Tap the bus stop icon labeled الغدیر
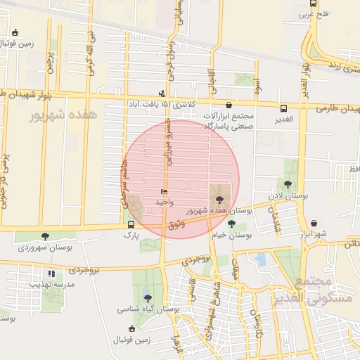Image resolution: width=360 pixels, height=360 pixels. (283, 109)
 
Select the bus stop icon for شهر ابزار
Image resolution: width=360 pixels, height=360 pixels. (313, 224)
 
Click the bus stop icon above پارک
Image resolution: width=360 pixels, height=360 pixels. (131, 224)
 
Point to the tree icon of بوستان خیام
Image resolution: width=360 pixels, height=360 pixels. (232, 225)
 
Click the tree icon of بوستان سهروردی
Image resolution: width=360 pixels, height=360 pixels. (46, 237)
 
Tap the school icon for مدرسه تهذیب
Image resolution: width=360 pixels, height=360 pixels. (51, 274)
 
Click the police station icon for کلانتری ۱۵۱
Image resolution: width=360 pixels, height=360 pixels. (162, 94)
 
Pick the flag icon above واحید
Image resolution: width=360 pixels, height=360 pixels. (164, 191)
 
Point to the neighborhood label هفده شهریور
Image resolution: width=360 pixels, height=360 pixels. (60, 117)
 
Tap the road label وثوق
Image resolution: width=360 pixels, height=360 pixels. (177, 224)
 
